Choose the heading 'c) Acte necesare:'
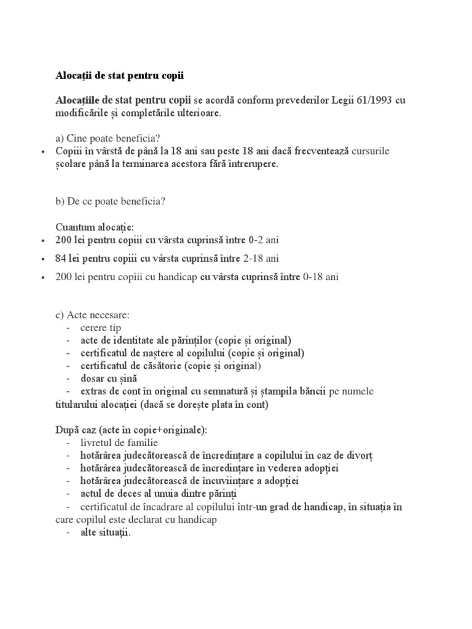click(93, 315)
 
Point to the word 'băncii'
click(312, 391)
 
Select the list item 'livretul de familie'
click(119, 442)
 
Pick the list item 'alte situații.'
click(106, 533)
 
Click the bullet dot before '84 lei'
click(42, 259)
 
